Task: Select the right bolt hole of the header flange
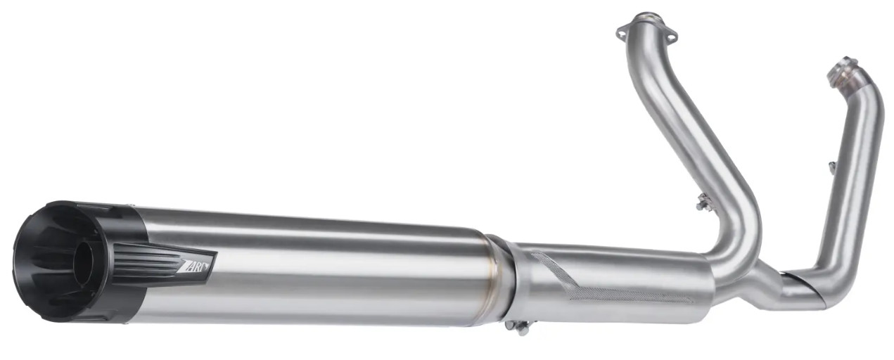coord(671,37)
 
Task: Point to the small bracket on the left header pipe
coord(703,202)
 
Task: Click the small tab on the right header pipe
coord(831,167)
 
